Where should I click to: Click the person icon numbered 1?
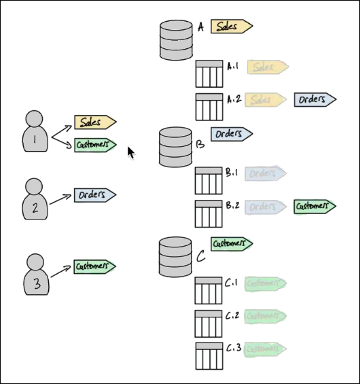tap(35, 132)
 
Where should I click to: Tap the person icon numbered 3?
tap(36, 275)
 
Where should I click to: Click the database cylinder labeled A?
tap(176, 40)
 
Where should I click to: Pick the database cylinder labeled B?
tap(175, 147)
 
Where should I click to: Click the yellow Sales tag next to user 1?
tap(94, 122)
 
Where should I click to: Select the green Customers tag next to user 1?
tap(94, 145)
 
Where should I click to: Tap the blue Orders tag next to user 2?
tap(94, 195)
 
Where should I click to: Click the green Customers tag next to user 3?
tap(94, 266)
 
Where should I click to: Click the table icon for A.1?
tap(209, 74)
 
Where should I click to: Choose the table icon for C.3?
tap(209, 355)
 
